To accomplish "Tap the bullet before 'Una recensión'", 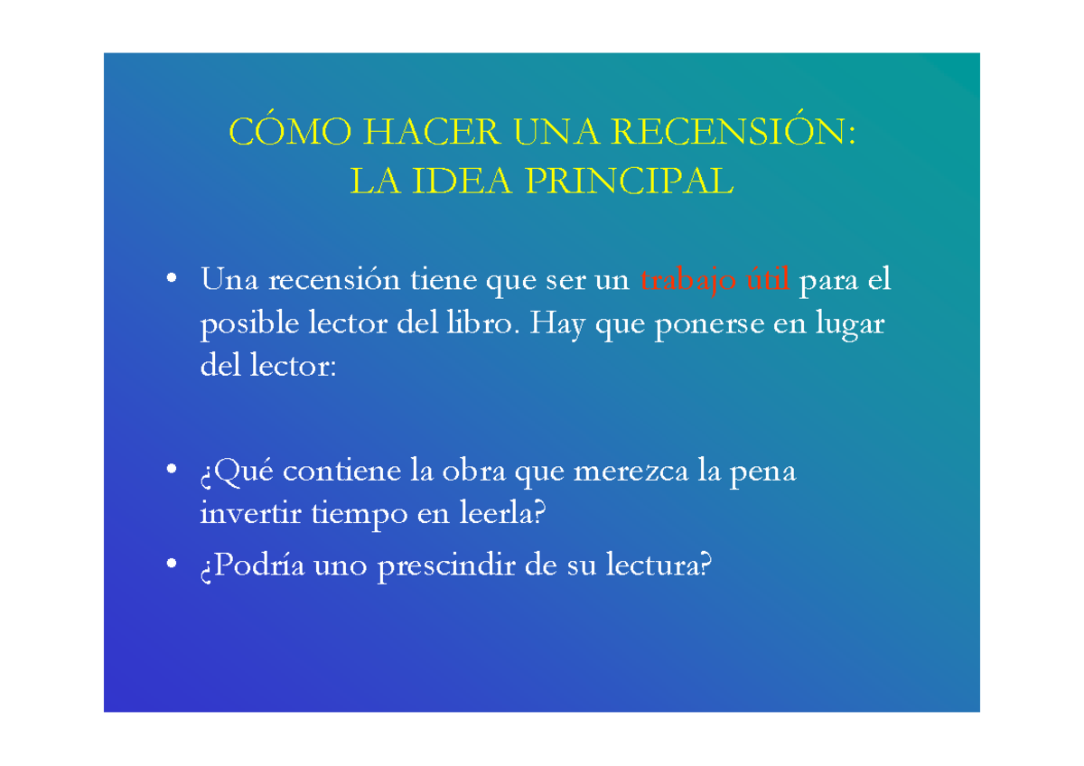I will (x=171, y=280).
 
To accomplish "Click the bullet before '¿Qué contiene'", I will (x=171, y=472).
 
